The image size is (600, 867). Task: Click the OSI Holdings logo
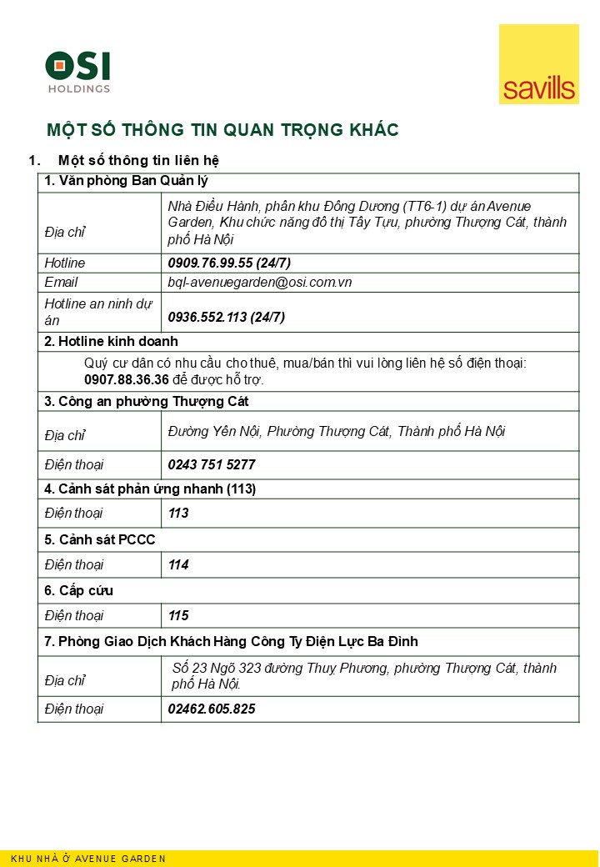[77, 72]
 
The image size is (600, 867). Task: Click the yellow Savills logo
[538, 64]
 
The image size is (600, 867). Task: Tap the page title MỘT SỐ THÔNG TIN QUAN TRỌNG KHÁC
[222, 130]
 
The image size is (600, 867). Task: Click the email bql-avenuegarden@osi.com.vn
[260, 283]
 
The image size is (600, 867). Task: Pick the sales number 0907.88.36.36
[127, 379]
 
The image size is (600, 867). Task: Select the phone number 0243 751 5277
[212, 464]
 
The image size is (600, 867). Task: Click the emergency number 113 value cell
[178, 514]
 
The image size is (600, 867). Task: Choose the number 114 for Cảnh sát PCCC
[178, 565]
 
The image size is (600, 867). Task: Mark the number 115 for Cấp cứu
[178, 617]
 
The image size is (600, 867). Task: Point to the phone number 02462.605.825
[212, 709]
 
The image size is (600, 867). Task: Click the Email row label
[61, 283]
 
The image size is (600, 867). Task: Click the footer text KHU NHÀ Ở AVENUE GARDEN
[88, 859]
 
